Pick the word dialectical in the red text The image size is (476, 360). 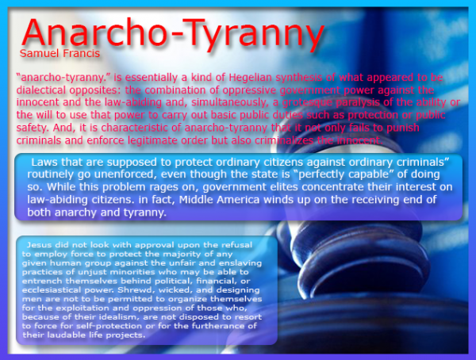42,91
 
